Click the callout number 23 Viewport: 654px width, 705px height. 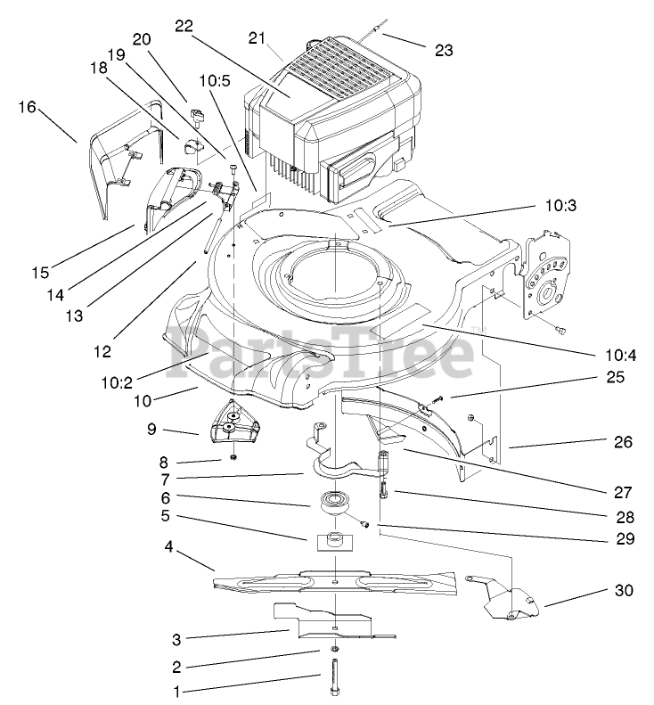coord(443,51)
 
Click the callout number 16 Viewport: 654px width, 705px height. coord(27,107)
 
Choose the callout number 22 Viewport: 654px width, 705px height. coord(184,27)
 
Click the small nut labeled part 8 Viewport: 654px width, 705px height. coord(233,458)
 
